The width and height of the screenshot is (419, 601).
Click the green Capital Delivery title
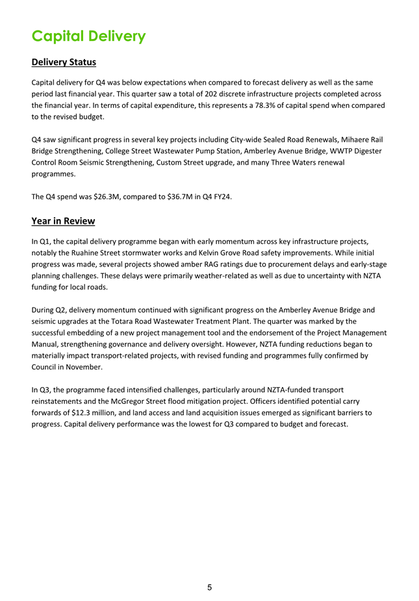tap(88, 36)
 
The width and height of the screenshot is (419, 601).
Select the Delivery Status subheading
tap(64, 62)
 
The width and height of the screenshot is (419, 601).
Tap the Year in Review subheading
tap(63, 221)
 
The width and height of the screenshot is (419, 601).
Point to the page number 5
tap(209, 587)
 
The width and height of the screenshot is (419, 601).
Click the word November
tap(82, 367)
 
